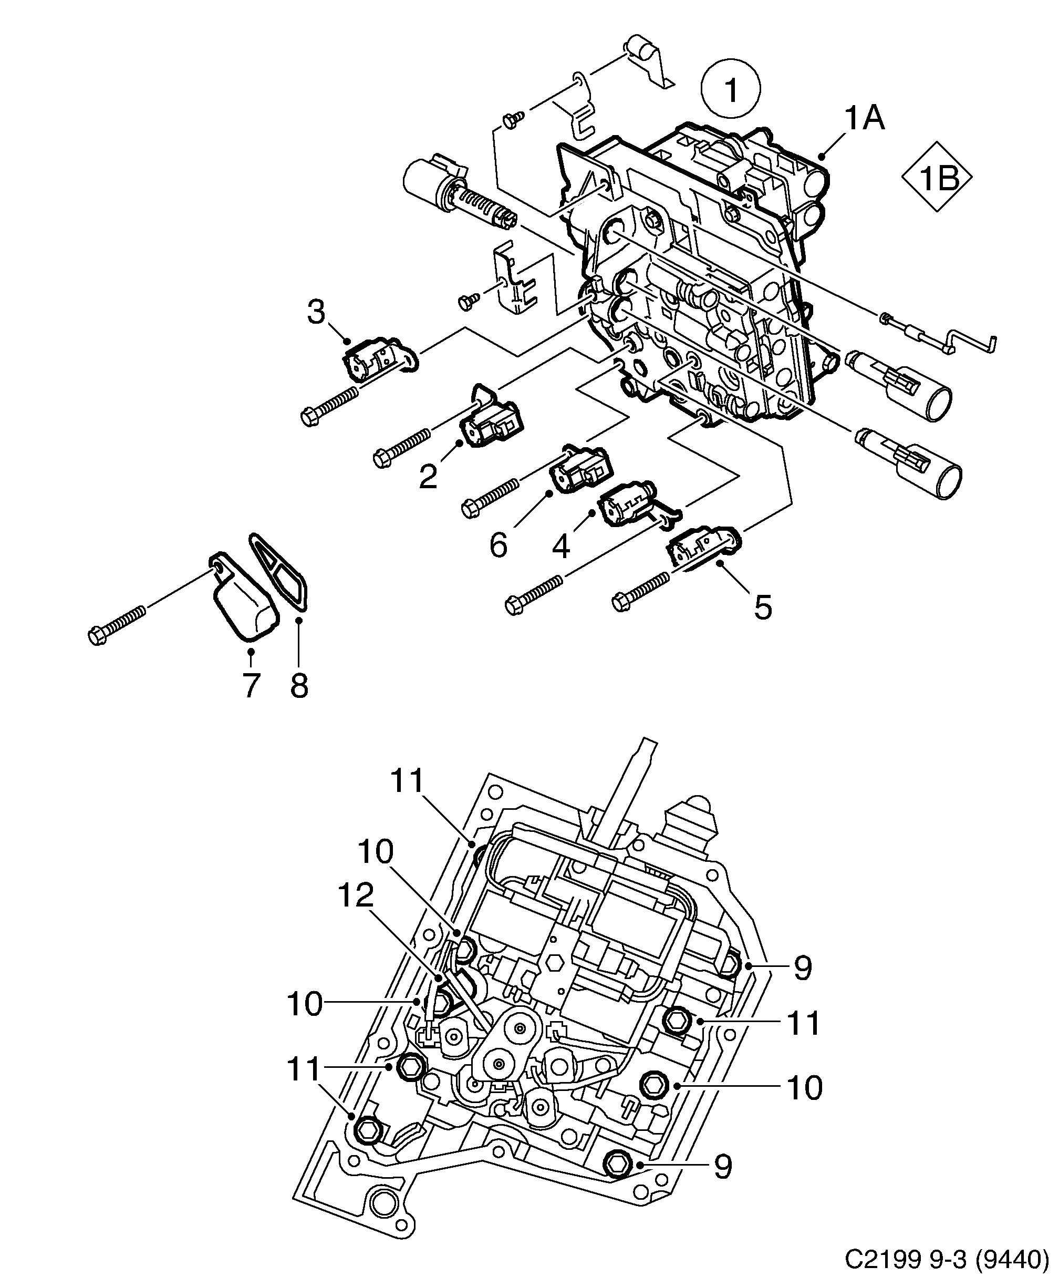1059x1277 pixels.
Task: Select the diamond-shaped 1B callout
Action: click(x=936, y=178)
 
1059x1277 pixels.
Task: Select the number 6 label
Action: click(x=498, y=545)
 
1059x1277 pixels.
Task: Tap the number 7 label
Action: click(x=251, y=685)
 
